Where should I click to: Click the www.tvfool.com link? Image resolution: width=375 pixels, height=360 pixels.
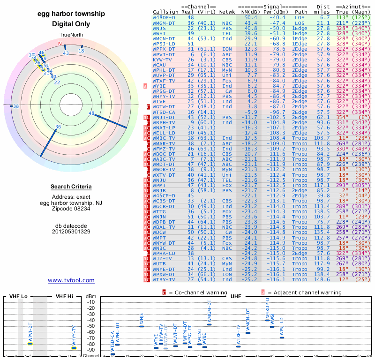pos(71,280)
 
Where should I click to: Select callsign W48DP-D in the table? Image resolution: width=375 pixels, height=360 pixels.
pos(164,17)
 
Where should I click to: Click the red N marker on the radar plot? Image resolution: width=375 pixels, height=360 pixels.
pos(60,45)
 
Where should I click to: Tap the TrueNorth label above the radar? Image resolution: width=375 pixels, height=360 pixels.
pos(70,35)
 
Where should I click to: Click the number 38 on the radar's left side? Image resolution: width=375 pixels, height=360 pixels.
pos(16,106)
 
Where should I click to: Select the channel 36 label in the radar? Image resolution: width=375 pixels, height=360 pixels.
pos(58,127)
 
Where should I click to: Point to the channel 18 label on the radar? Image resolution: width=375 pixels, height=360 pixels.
pos(82,51)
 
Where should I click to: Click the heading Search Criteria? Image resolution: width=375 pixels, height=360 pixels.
pos(71,187)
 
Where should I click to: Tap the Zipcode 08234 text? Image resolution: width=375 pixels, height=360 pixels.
pos(71,208)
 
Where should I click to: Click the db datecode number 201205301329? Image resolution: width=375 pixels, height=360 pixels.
pos(71,231)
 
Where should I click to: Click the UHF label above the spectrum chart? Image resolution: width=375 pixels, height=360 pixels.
pos(235,296)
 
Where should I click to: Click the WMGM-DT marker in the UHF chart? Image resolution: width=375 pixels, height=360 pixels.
pos(210,324)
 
